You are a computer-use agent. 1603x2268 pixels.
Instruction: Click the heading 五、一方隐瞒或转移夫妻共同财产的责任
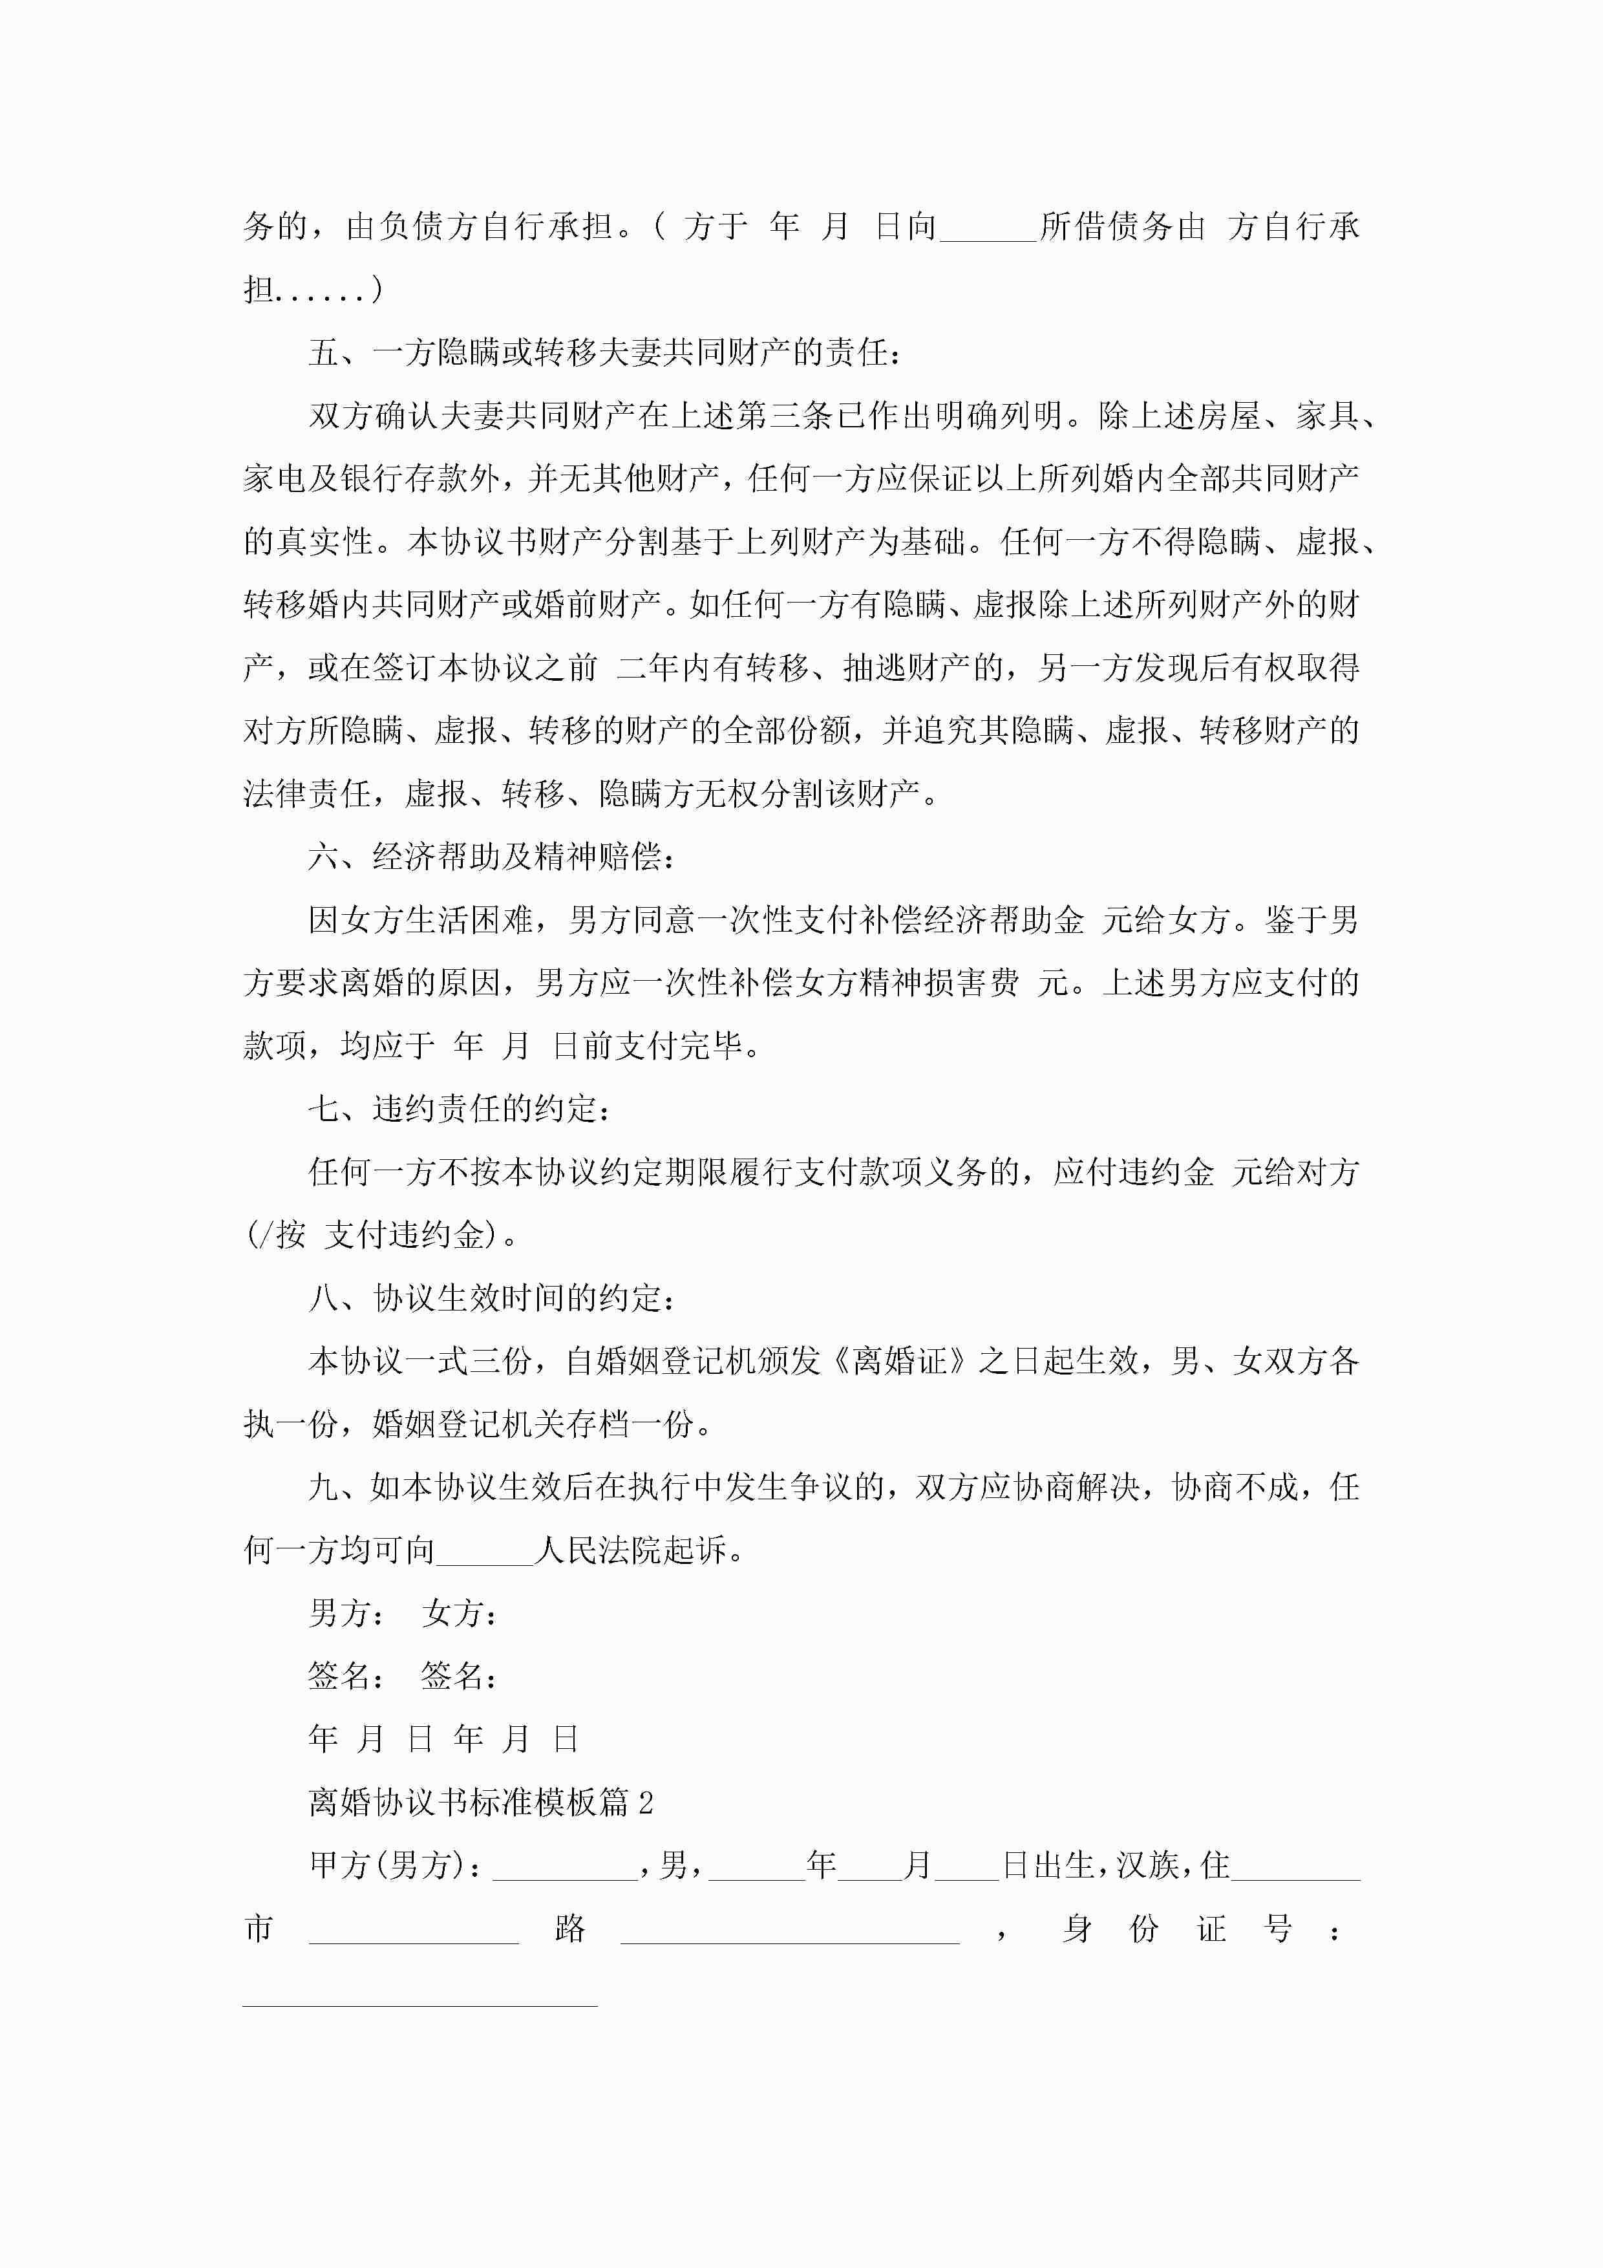[x=604, y=352]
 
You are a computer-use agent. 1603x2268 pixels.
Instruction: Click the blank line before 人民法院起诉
[x=484, y=1551]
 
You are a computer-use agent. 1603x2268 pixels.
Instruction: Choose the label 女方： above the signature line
[x=460, y=1614]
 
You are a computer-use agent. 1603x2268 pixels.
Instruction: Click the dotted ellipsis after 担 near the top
[x=326, y=290]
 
